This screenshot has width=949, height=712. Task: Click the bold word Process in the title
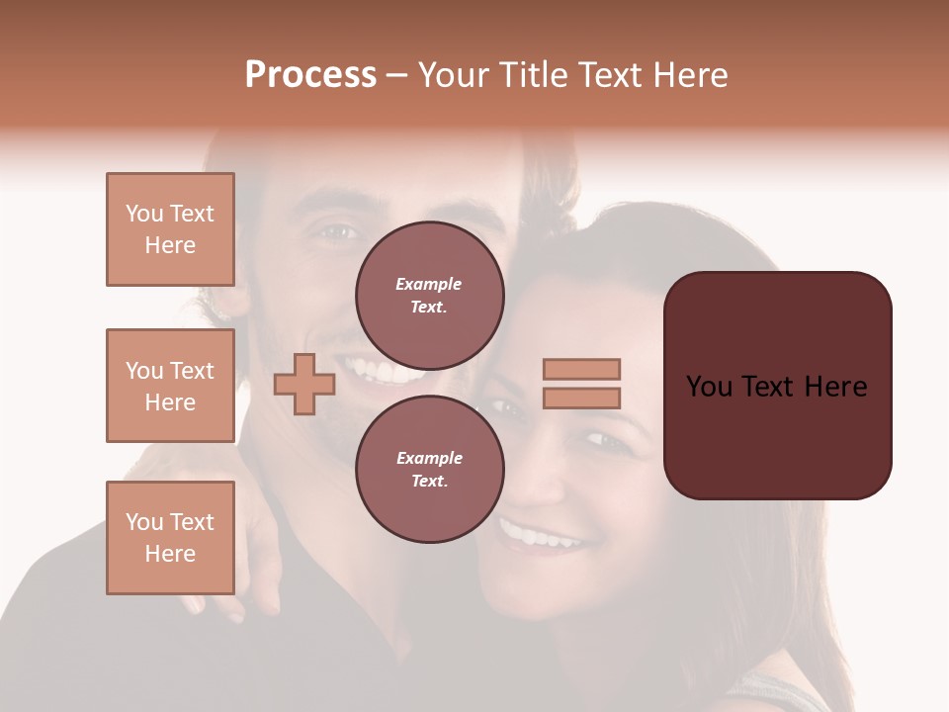point(310,75)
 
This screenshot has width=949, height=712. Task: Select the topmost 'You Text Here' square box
point(170,229)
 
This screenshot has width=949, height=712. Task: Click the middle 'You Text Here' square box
point(170,386)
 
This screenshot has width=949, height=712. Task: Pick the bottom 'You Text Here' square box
point(170,538)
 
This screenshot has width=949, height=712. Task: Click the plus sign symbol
point(304,384)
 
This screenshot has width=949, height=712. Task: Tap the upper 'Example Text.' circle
point(429,295)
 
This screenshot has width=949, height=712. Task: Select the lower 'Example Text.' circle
point(429,469)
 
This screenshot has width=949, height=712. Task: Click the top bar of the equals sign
point(582,369)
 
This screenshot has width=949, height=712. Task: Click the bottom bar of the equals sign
point(582,398)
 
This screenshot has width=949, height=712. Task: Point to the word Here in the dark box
point(835,387)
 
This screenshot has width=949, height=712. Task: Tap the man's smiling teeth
point(381,373)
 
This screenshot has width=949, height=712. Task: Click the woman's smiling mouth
point(539,537)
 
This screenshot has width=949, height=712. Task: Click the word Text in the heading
point(615,75)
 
